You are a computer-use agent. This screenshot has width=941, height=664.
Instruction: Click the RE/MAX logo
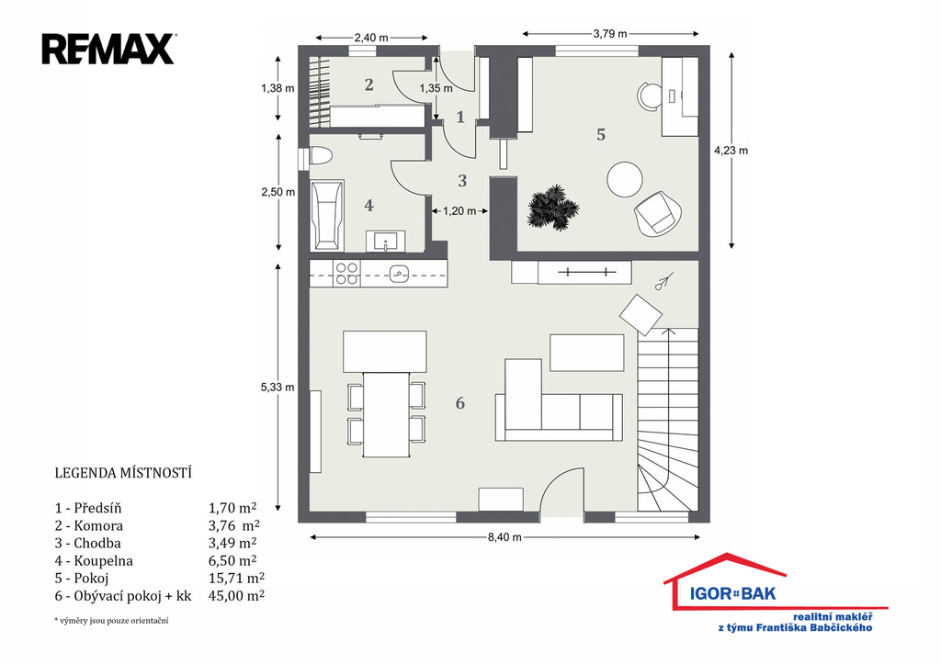[x=108, y=50]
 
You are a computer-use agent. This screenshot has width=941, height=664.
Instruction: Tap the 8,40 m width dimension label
[x=505, y=537]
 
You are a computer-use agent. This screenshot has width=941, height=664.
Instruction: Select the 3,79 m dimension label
[x=610, y=34]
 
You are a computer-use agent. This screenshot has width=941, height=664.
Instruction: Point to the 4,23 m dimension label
[x=731, y=151]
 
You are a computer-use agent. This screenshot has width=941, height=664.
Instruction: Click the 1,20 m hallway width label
[x=459, y=211]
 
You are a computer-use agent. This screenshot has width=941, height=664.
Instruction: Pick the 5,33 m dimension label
[x=278, y=388]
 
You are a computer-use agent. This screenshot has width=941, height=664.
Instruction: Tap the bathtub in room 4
[x=327, y=215]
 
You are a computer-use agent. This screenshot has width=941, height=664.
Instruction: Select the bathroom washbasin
[x=385, y=242]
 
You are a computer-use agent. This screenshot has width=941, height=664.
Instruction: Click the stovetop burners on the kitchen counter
[x=346, y=274]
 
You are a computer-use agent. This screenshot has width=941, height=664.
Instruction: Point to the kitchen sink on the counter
[x=399, y=274]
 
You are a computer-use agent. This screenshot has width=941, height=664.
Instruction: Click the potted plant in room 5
[x=552, y=208]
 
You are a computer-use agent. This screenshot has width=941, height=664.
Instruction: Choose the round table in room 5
[x=625, y=179]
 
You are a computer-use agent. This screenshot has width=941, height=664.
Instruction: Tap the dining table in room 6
[x=387, y=414]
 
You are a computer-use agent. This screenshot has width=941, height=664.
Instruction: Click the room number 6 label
[x=460, y=403]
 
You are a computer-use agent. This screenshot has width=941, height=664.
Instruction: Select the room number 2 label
[x=369, y=85]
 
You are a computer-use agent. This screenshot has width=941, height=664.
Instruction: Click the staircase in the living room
[x=667, y=420]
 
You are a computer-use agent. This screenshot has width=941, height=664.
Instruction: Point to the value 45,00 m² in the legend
[x=236, y=596]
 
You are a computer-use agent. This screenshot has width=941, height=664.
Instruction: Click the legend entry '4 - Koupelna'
[x=94, y=561]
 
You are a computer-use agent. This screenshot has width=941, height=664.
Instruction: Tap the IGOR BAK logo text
[x=732, y=594]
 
